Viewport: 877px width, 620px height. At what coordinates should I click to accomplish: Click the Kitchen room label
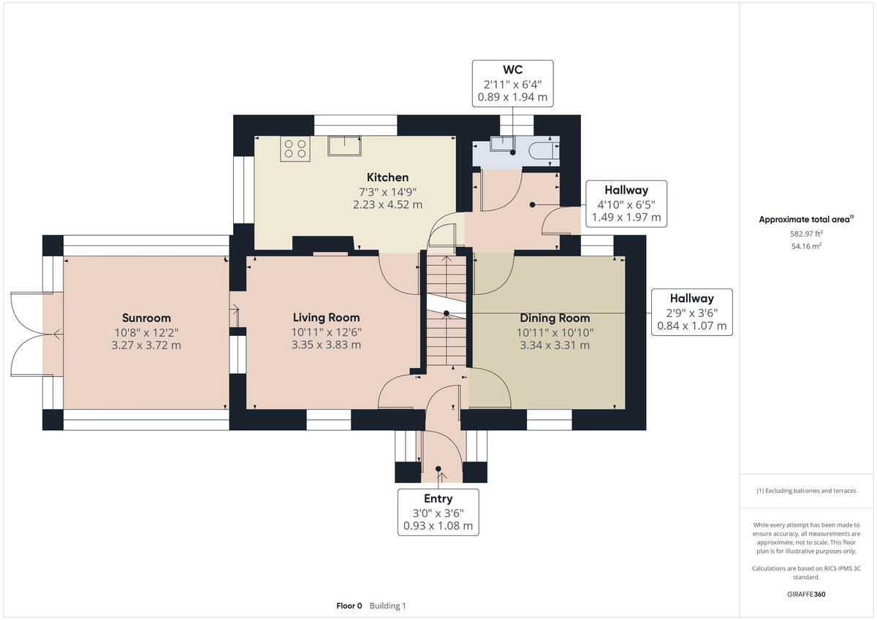click(387, 177)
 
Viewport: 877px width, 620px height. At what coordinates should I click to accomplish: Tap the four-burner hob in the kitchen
click(295, 149)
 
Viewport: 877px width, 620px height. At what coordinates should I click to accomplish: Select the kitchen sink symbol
click(344, 146)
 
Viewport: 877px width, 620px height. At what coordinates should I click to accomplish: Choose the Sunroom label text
click(146, 318)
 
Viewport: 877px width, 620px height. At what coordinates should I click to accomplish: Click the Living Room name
click(326, 317)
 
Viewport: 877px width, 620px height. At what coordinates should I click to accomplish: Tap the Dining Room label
click(555, 318)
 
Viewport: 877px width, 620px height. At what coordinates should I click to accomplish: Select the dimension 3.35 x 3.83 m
click(326, 345)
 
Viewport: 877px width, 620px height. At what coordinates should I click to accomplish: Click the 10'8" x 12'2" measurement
click(146, 332)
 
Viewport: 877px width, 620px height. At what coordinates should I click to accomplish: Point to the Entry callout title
click(438, 498)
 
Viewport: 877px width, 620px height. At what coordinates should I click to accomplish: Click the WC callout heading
click(512, 69)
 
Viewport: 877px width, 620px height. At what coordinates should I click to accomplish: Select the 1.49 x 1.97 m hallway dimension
click(626, 217)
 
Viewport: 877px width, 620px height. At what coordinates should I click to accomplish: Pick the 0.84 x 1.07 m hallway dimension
click(692, 326)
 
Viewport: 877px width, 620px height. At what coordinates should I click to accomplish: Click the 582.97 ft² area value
click(806, 234)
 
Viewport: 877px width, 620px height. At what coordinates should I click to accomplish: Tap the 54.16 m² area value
click(806, 246)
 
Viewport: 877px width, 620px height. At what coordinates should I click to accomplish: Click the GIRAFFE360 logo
click(806, 594)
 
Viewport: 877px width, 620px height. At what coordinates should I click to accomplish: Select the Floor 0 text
click(349, 605)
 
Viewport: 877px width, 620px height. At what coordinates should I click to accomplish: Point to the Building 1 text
click(387, 605)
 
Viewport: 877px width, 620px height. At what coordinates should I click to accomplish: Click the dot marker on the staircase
click(447, 313)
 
